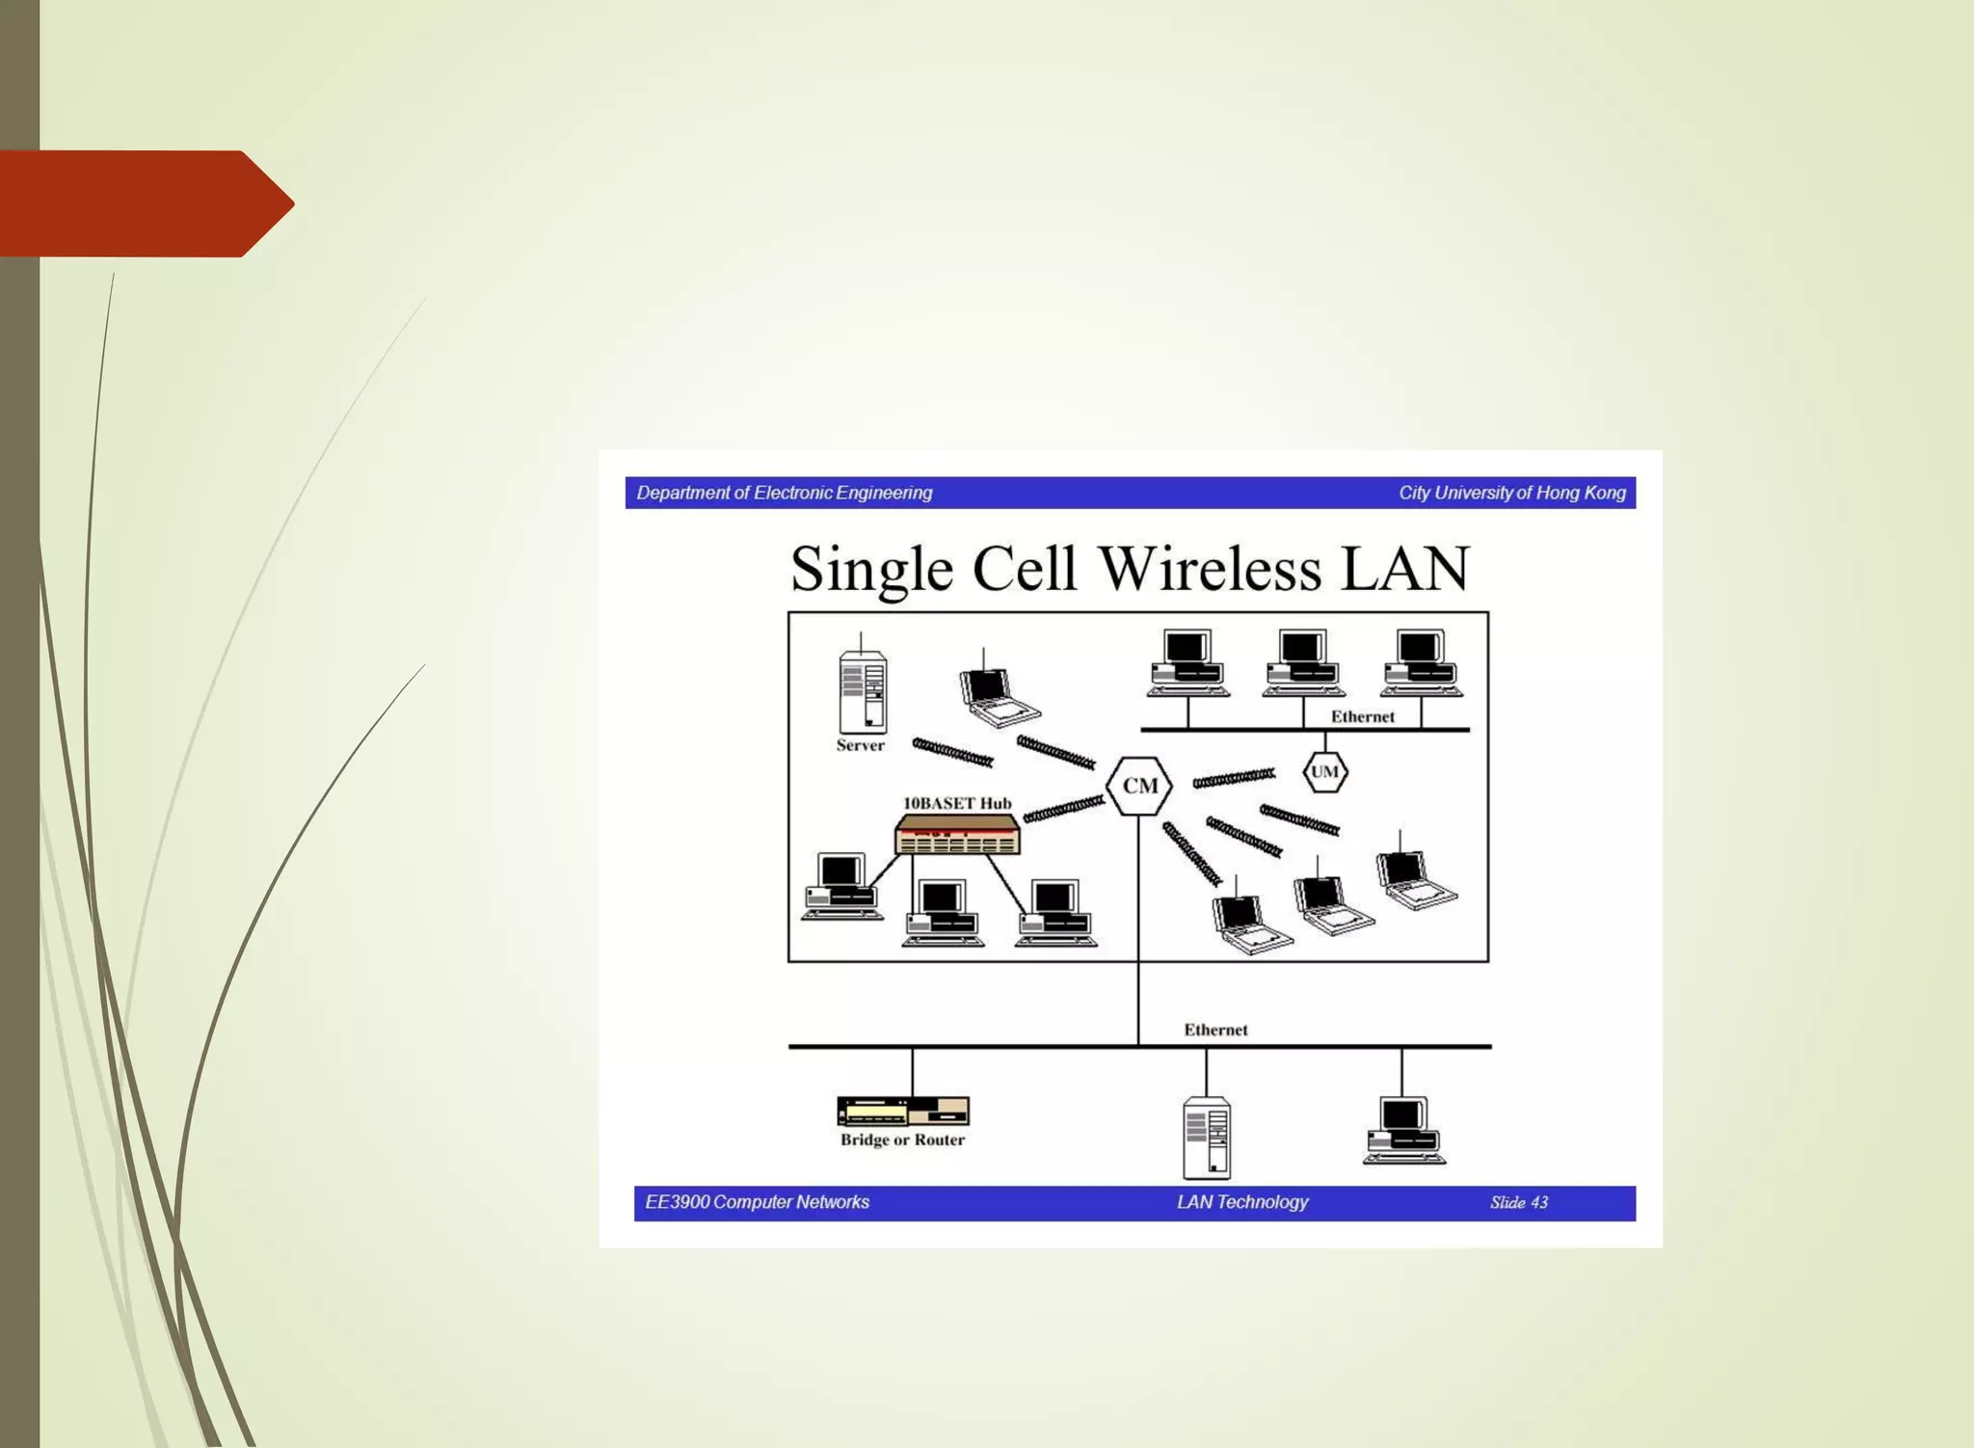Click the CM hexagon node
[1139, 786]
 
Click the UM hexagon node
[1324, 771]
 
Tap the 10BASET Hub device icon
[957, 835]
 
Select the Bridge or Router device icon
[902, 1112]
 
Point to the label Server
[860, 745]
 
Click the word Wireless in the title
[1210, 569]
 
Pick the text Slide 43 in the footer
[1518, 1202]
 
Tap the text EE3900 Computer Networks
[757, 1202]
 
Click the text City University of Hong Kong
[1511, 493]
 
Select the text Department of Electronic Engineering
[785, 493]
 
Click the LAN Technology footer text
[1241, 1202]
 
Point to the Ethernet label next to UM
[1362, 716]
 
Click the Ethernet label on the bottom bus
[1215, 1030]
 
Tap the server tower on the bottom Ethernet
[1206, 1138]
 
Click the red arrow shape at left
[145, 203]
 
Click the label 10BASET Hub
[957, 803]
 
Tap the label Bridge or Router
[902, 1140]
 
